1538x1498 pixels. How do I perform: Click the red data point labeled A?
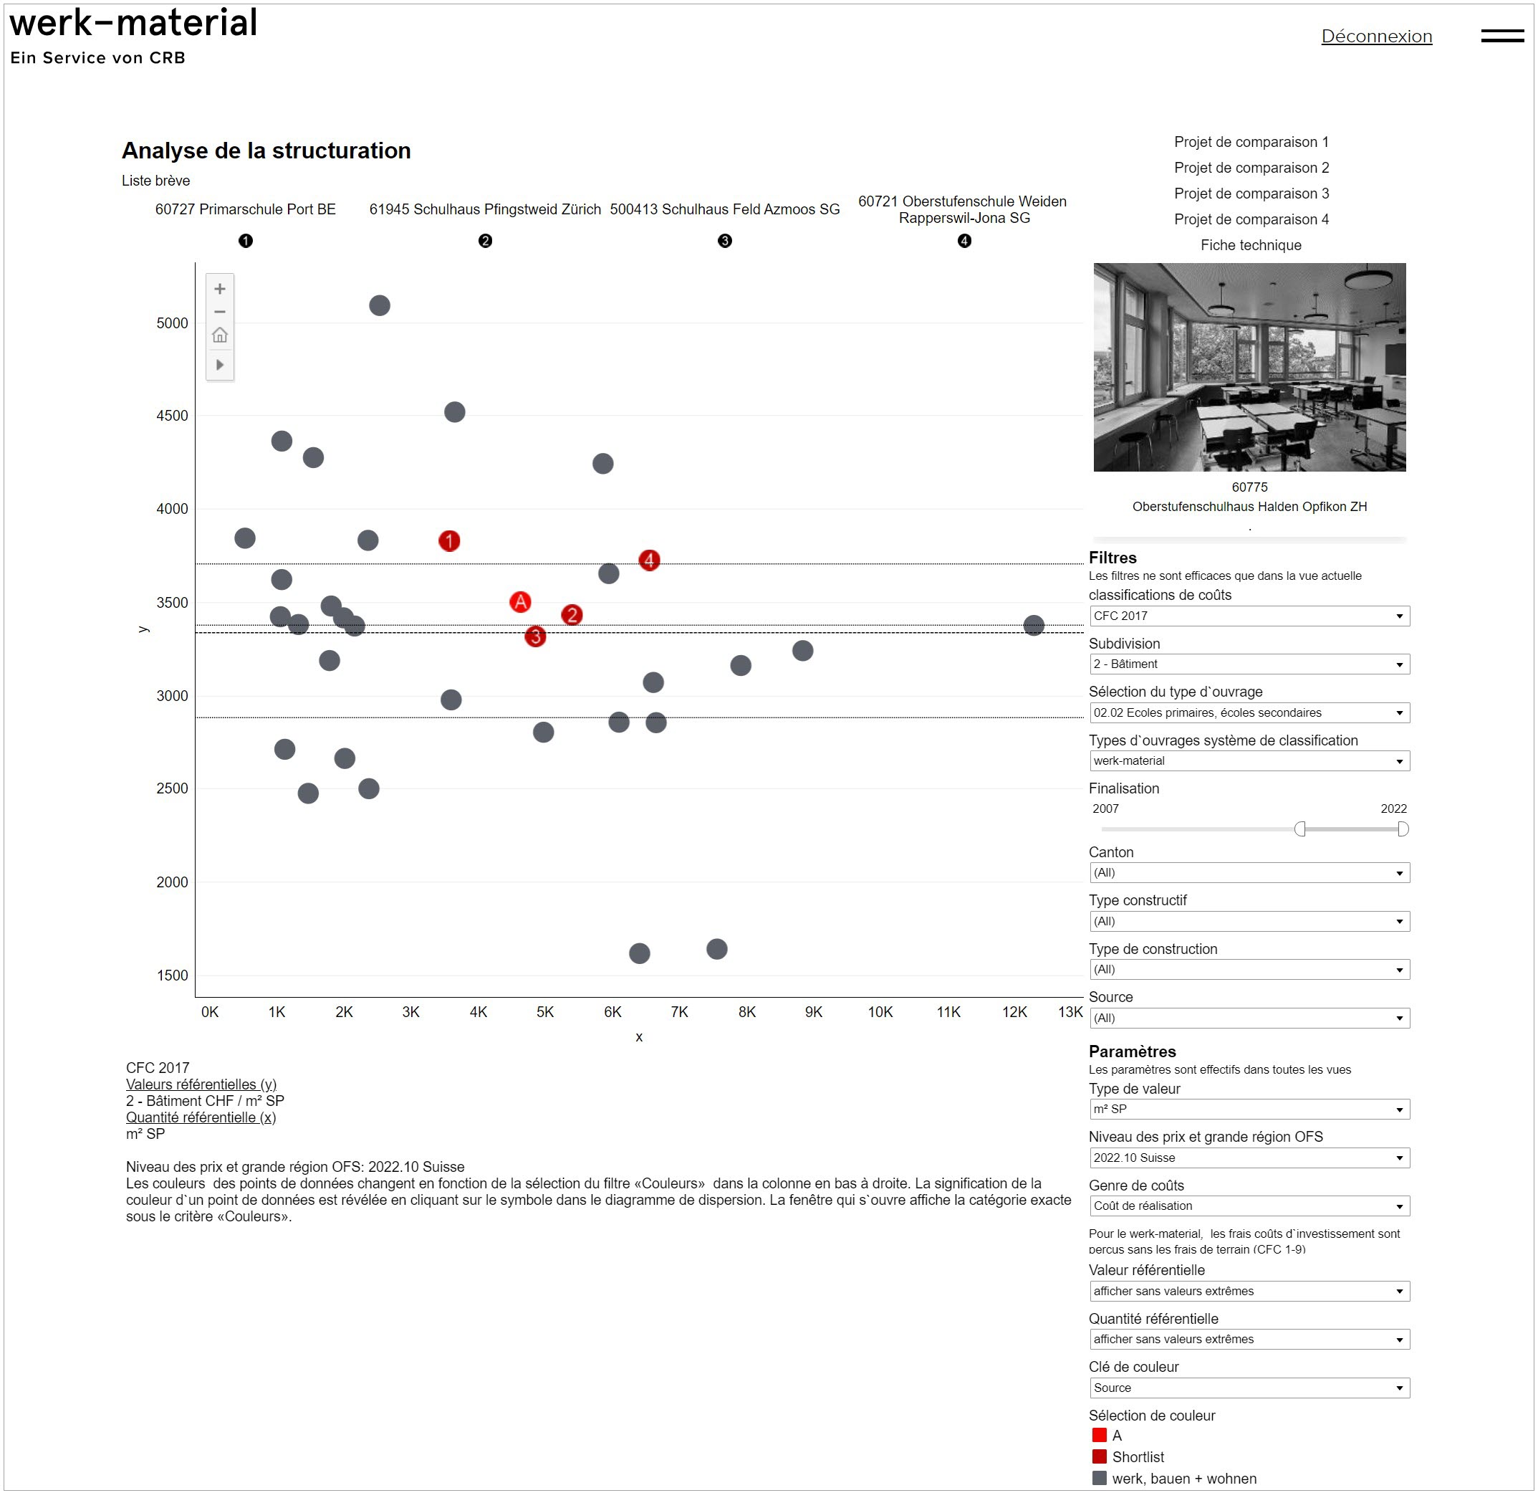(x=520, y=602)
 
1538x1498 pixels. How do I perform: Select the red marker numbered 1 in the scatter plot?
(x=449, y=540)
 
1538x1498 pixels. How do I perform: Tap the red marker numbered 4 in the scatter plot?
(x=649, y=560)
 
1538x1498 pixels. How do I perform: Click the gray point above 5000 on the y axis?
(x=379, y=305)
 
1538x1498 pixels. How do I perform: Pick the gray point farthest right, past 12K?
(x=1033, y=626)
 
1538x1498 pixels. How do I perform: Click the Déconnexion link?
(x=1376, y=36)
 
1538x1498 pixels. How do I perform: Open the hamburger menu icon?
(x=1502, y=36)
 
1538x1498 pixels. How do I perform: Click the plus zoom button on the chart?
(x=220, y=289)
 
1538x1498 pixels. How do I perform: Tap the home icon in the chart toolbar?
(x=220, y=335)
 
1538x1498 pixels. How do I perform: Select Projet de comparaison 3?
(x=1251, y=194)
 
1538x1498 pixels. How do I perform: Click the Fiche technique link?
(x=1250, y=245)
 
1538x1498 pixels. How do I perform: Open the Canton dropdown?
(x=1249, y=872)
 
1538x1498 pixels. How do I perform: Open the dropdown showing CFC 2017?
(x=1249, y=616)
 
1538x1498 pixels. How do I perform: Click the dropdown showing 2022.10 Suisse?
(x=1249, y=1158)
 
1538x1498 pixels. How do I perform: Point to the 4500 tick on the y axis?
(x=172, y=416)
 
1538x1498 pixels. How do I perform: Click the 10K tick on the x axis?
(x=880, y=1012)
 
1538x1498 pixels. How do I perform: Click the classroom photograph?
(x=1249, y=367)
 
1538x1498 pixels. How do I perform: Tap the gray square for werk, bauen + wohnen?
(x=1100, y=1479)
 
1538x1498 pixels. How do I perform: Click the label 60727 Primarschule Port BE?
(x=245, y=209)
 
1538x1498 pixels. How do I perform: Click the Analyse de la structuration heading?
(x=266, y=151)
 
